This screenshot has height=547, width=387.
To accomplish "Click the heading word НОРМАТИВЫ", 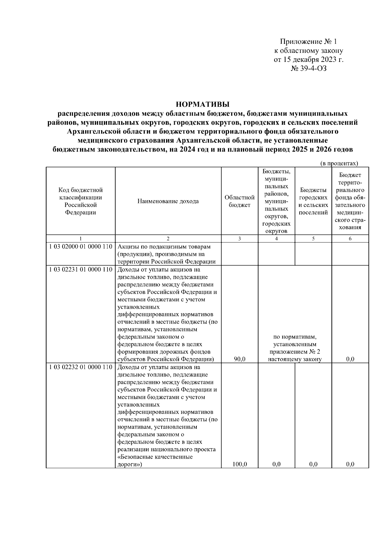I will click(x=202, y=104).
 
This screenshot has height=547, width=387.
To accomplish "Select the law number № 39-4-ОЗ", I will click(x=309, y=68).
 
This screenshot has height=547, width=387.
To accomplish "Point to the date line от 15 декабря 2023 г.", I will click(x=308, y=60).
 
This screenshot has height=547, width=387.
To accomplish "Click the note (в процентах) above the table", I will click(x=339, y=163).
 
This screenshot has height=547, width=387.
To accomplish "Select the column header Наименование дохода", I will click(x=168, y=201).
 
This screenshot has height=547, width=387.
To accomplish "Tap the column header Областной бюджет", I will click(x=239, y=201).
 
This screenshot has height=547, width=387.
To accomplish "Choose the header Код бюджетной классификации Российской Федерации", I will click(x=80, y=201).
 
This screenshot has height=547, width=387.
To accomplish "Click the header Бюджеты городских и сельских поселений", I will click(x=313, y=201).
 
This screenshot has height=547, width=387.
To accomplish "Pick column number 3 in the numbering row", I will click(x=239, y=239).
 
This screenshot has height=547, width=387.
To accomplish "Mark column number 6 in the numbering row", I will click(x=350, y=239).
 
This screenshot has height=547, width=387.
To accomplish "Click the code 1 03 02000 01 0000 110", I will click(x=81, y=247).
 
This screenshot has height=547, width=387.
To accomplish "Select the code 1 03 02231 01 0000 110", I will click(x=81, y=269).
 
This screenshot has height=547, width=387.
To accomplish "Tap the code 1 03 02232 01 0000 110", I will click(x=81, y=367).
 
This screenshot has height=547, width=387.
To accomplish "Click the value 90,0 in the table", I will click(x=239, y=359).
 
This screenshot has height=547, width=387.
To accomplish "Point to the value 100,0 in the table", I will click(x=239, y=464).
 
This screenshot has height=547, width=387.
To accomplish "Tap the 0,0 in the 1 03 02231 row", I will click(x=350, y=359).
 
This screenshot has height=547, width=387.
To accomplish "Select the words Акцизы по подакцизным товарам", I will click(x=164, y=247).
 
